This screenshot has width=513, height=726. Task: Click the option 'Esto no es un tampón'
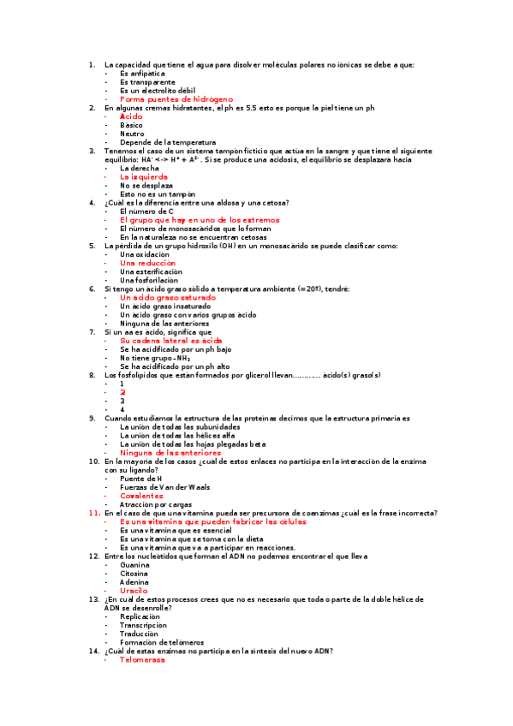[152, 194]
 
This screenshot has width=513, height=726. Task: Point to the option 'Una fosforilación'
[149, 280]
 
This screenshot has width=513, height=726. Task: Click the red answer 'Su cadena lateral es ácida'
[170, 341]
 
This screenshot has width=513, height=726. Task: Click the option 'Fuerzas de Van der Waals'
[164, 487]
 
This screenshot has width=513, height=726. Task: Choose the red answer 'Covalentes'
[141, 496]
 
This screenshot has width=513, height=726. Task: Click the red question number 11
[95, 513]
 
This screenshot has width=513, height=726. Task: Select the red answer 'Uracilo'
[134, 591]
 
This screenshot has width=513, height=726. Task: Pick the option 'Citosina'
[135, 574]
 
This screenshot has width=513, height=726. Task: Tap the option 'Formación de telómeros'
[162, 642]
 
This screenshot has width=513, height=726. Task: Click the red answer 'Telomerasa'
[142, 660]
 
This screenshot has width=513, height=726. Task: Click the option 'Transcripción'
[144, 625]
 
